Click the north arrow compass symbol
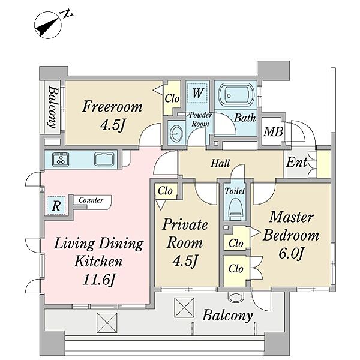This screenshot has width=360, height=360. (x=48, y=25)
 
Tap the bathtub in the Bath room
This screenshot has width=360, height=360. (x=237, y=95)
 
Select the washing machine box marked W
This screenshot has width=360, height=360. (x=197, y=92)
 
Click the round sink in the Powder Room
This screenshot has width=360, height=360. (x=176, y=133)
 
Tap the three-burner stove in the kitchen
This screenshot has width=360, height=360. (x=61, y=159)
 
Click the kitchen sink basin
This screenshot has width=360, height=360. (x=104, y=159)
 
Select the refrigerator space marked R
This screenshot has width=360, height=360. (x=56, y=205)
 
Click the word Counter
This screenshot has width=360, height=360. (x=91, y=200)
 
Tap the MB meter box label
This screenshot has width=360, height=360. (x=273, y=132)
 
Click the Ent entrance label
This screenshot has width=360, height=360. (x=296, y=162)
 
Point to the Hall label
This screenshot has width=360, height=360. (x=220, y=163)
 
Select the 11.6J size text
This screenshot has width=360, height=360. (x=98, y=280)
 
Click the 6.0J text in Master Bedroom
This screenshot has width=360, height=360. (x=292, y=253)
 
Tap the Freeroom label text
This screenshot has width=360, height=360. (x=112, y=107)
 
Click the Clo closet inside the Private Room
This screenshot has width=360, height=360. (x=165, y=191)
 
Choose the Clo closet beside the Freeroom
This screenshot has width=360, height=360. (x=172, y=99)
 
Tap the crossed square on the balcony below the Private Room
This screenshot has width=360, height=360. (x=184, y=308)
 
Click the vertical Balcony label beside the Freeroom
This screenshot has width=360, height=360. (x=53, y=107)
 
